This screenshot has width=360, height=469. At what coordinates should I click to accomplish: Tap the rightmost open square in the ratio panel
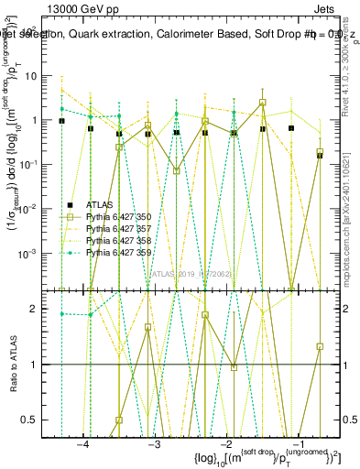320,346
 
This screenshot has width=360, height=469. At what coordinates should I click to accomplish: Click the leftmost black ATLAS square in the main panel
61,121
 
